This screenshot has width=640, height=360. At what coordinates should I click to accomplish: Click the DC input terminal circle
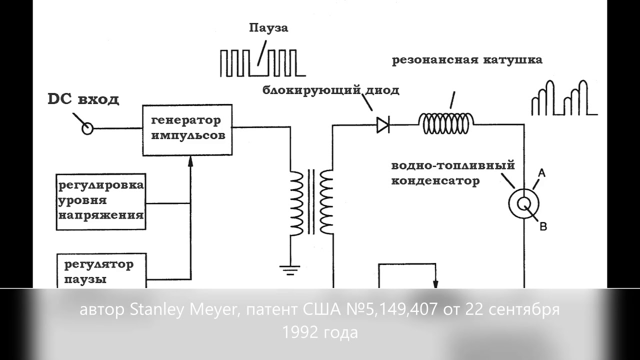pyautogui.click(x=87, y=128)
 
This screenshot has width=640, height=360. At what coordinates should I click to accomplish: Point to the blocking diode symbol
pyautogui.click(x=383, y=125)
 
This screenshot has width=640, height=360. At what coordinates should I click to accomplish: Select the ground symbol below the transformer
pyautogui.click(x=289, y=270)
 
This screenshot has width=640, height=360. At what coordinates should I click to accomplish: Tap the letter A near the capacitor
pyautogui.click(x=541, y=173)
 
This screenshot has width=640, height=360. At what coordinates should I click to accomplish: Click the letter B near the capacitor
pyautogui.click(x=543, y=226)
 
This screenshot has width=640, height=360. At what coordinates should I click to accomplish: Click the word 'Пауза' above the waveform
pyautogui.click(x=268, y=28)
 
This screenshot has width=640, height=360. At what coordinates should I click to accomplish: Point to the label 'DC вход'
pyautogui.click(x=83, y=99)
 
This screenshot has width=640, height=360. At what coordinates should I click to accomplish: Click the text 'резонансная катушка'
pyautogui.click(x=467, y=60)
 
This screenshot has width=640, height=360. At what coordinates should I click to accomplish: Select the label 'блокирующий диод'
pyautogui.click(x=331, y=90)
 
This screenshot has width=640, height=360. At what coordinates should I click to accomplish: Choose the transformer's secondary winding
pyautogui.click(x=326, y=202)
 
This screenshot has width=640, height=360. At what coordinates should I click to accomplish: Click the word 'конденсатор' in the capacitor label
pyautogui.click(x=435, y=181)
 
